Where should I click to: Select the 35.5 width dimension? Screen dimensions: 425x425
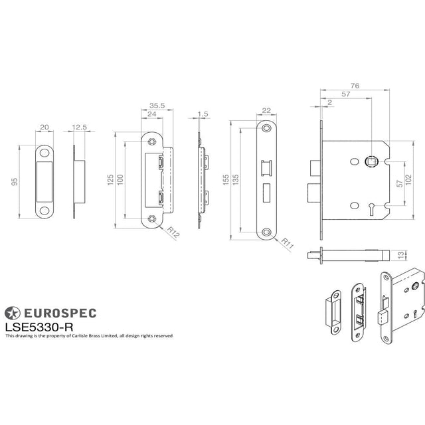tap(157, 105)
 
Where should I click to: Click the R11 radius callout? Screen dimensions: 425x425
tap(288, 243)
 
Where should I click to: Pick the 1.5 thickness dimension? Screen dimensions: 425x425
tap(203, 114)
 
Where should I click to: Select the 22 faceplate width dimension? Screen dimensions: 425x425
tap(266, 111)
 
